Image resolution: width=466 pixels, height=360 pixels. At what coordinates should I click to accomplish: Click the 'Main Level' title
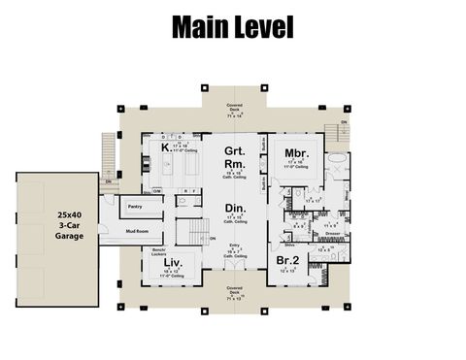pos(232,28)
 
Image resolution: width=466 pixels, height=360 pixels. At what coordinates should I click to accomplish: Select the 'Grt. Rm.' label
pos(234,157)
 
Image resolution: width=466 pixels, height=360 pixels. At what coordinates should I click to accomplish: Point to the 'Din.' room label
pos(234,209)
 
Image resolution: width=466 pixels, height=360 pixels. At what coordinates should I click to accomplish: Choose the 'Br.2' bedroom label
pos(286,261)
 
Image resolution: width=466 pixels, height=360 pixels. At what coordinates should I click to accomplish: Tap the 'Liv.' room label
pos(173,263)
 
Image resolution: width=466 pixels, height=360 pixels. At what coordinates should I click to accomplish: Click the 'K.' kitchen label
pos(166,147)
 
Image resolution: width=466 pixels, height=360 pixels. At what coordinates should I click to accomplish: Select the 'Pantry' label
pos(135,208)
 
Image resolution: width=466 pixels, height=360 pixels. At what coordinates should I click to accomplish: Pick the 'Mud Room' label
pos(136,232)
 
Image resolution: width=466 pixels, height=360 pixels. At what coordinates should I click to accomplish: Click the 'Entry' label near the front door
pos(234,246)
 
